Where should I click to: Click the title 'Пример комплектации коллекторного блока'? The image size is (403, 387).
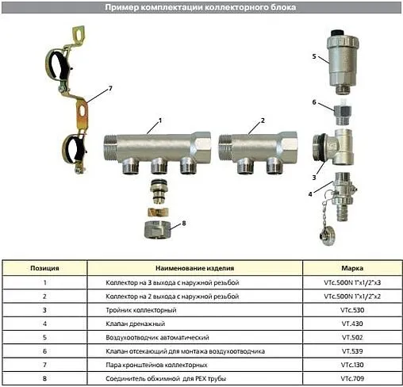point(201,7)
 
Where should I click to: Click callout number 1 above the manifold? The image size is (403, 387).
point(159,121)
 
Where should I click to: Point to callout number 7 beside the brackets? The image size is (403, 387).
point(110,87)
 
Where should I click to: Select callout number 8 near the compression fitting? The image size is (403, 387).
point(185,224)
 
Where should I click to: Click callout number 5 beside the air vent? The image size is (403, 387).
point(314,57)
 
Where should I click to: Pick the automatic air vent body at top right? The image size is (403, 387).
point(346,59)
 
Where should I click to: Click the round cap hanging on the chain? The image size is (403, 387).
point(325,235)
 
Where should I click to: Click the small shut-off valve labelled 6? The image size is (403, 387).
point(343,109)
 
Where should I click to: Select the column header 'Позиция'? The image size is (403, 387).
point(45,268)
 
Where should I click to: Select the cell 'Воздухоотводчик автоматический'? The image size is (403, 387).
point(153,337)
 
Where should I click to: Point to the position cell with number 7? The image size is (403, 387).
point(45,365)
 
